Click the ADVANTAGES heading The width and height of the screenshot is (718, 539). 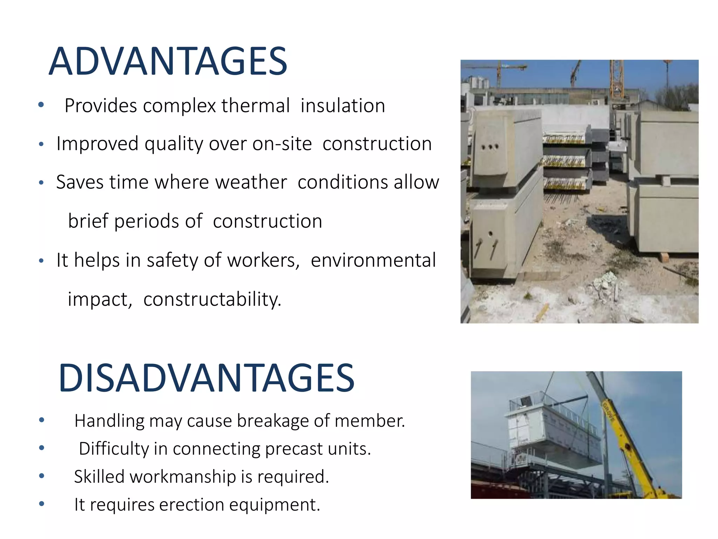[x=168, y=62]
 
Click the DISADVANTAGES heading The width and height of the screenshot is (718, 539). [x=207, y=378]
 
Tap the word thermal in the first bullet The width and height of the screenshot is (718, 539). [x=256, y=106]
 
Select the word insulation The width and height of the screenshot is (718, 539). [x=343, y=106]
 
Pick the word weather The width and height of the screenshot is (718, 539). [x=251, y=182]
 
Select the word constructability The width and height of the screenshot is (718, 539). [x=212, y=299]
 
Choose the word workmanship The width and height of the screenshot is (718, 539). [x=183, y=477]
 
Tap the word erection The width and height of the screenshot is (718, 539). [x=191, y=505]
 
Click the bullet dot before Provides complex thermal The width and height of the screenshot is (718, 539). [x=41, y=105]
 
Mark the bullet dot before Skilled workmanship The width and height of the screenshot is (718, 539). [x=42, y=476]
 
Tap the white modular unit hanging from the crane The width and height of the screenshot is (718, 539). [x=550, y=435]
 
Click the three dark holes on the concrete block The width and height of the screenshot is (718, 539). [x=490, y=147]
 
